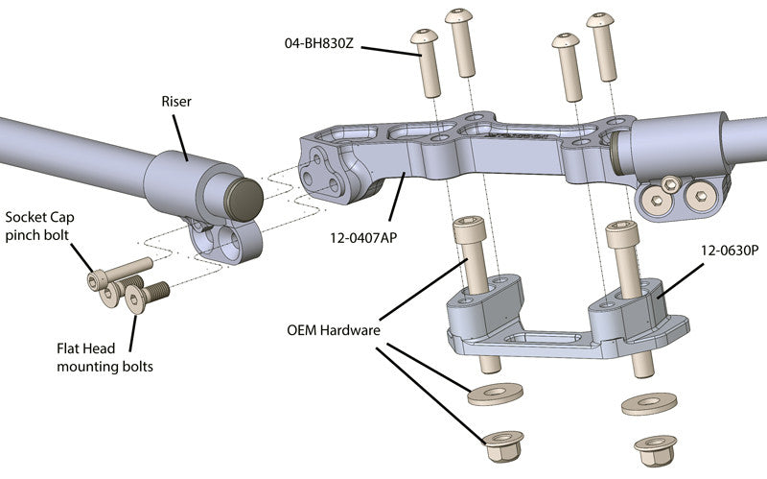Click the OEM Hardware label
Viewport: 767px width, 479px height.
point(334,329)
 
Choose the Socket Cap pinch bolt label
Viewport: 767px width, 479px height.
point(38,226)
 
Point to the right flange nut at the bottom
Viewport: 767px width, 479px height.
point(656,447)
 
